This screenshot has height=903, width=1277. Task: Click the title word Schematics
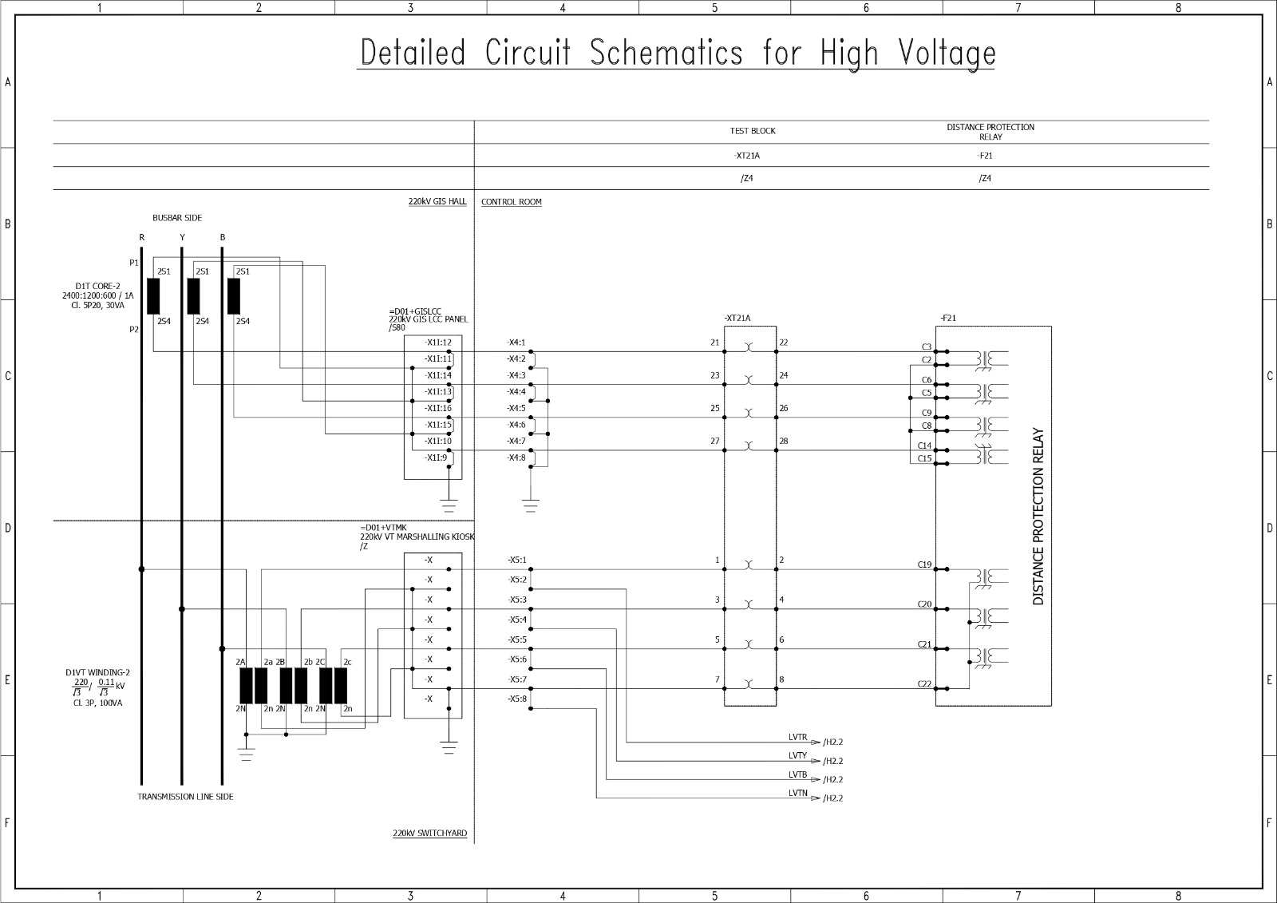(666, 53)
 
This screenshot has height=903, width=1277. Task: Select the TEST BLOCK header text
(752, 131)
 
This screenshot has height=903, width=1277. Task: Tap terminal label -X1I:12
(437, 343)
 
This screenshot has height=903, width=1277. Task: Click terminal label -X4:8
(516, 457)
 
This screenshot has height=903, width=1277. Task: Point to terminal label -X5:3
(516, 600)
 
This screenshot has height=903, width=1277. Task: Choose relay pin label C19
(924, 564)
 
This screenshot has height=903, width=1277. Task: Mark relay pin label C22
(924, 683)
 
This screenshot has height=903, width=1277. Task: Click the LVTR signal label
(797, 738)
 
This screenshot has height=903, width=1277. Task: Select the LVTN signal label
(797, 793)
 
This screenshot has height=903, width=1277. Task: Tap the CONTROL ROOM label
(511, 202)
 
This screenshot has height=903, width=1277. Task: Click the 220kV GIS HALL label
(437, 202)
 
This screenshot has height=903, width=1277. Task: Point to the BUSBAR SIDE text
(177, 218)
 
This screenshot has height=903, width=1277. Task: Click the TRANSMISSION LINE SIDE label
(185, 797)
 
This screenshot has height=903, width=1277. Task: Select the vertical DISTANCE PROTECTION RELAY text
(1038, 517)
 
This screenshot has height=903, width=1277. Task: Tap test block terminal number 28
(783, 441)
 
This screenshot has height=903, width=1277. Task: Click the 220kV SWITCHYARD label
(429, 834)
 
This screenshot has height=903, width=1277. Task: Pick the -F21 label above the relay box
(948, 318)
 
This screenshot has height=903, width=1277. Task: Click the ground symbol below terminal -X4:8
(530, 505)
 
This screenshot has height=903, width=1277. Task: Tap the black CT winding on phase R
(153, 296)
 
